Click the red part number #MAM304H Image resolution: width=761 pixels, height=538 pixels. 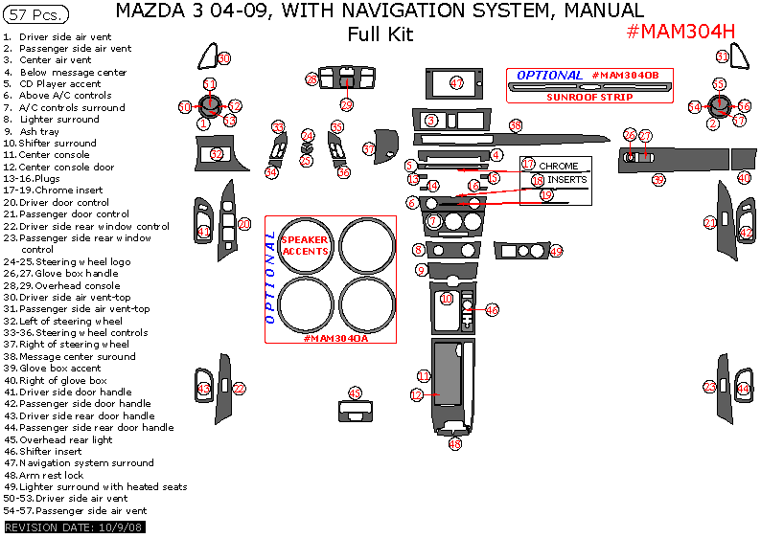click(680, 30)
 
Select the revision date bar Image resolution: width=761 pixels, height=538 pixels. click(75, 527)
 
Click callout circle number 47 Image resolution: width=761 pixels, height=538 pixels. click(457, 83)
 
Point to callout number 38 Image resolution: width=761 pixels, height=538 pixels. click(516, 125)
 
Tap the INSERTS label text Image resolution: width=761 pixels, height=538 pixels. click(567, 180)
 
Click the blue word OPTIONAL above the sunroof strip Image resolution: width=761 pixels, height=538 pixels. click(549, 75)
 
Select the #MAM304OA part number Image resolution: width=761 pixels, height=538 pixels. click(335, 338)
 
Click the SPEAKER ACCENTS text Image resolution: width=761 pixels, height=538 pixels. click(305, 245)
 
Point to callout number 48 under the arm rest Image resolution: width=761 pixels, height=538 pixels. click(455, 444)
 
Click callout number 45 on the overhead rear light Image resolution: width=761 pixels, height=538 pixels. click(356, 393)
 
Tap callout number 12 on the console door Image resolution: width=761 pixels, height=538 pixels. click(416, 394)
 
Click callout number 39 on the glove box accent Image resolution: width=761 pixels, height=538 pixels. click(657, 179)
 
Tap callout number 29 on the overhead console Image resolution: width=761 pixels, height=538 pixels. click(346, 104)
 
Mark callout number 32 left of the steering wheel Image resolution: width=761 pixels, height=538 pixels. click(217, 154)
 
